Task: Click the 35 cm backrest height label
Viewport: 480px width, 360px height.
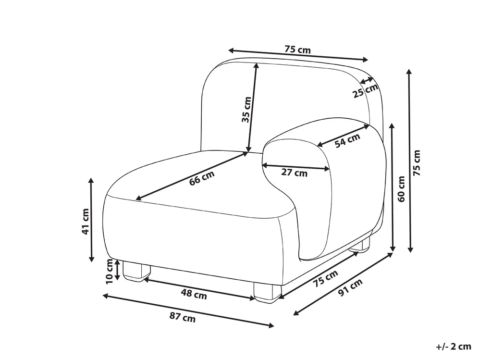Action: [246, 110]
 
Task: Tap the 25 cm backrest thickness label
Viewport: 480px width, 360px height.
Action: [366, 91]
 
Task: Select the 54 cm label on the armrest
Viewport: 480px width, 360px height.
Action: [347, 140]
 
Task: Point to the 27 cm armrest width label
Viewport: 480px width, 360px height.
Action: [294, 173]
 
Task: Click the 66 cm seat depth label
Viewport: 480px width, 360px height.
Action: [202, 178]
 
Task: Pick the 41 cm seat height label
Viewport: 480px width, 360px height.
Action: [86, 221]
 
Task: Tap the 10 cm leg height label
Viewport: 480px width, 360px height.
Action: [109, 271]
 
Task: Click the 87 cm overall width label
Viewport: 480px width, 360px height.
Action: [183, 317]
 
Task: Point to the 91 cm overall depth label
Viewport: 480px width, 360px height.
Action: [350, 287]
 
